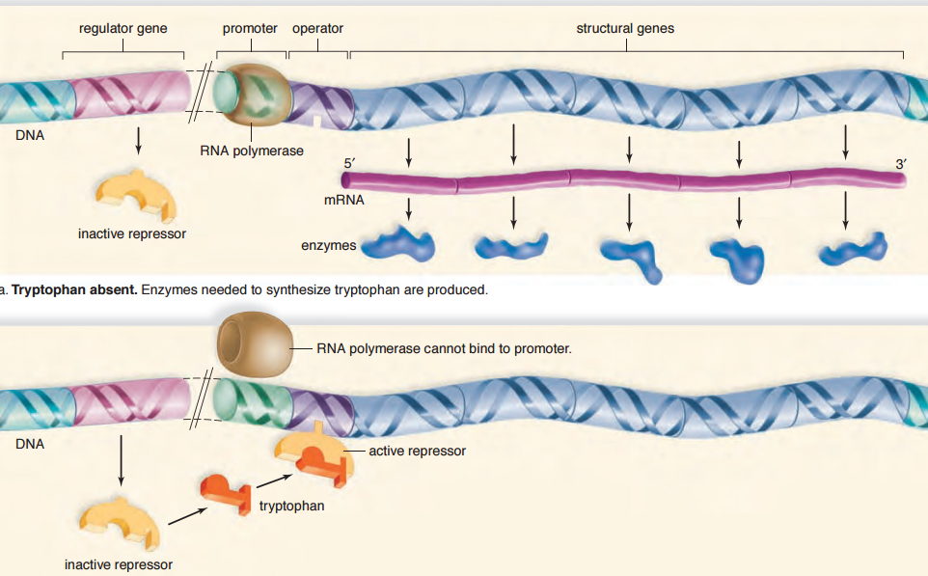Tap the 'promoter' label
pos(250,29)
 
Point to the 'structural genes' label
pos(625,29)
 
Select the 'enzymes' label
pos(329,246)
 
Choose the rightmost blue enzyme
pos(851,249)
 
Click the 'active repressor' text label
pos(417,451)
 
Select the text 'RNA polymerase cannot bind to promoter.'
pos(444,348)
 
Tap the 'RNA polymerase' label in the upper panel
pos(252,151)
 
